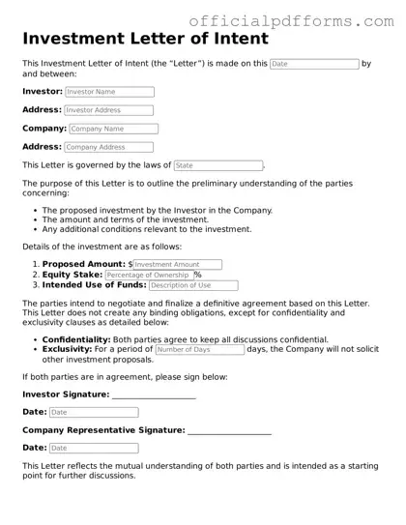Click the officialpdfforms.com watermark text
(x=298, y=18)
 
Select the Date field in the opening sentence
(x=313, y=64)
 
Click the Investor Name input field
(x=108, y=92)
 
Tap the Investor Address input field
(x=108, y=110)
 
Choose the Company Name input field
(x=111, y=129)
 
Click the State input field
(x=217, y=165)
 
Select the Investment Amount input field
(x=177, y=264)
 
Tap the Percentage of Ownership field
(x=148, y=275)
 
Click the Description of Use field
(x=192, y=285)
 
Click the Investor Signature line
(x=154, y=395)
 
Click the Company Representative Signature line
(x=228, y=431)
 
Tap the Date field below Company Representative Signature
(x=93, y=448)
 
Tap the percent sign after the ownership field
(x=198, y=275)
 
